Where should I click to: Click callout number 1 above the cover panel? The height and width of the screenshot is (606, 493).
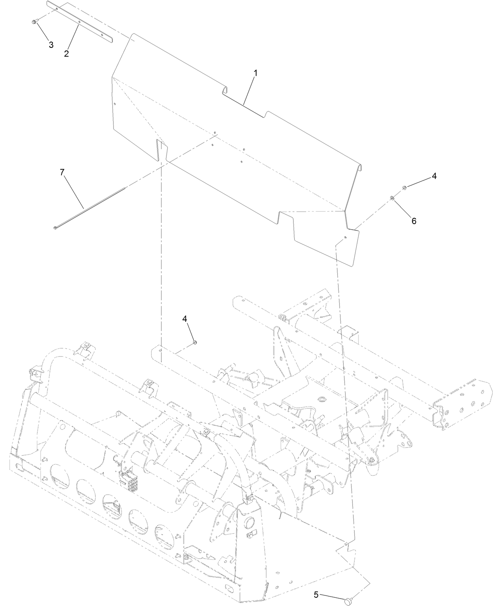coord(255,73)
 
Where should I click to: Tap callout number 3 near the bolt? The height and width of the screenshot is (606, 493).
coord(51,45)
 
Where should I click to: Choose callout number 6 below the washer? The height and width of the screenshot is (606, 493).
coord(413,221)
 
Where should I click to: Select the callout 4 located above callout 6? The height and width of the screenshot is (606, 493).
coord(434,176)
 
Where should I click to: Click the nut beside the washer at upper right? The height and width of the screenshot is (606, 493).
coord(404,188)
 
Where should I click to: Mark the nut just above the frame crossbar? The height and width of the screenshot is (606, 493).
coord(195,343)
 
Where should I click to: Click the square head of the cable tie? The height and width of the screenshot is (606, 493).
coord(54,227)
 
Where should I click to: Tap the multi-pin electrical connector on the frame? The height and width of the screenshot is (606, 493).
coord(131,478)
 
